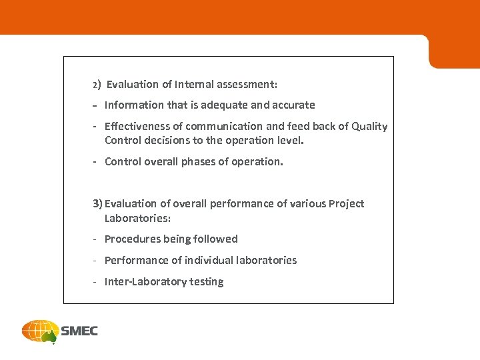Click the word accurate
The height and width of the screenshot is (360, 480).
coord(291,105)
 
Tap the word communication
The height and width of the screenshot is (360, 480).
coord(224,127)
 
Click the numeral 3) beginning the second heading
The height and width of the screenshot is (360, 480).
coord(98,204)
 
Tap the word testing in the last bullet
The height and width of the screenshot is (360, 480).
coord(207,282)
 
